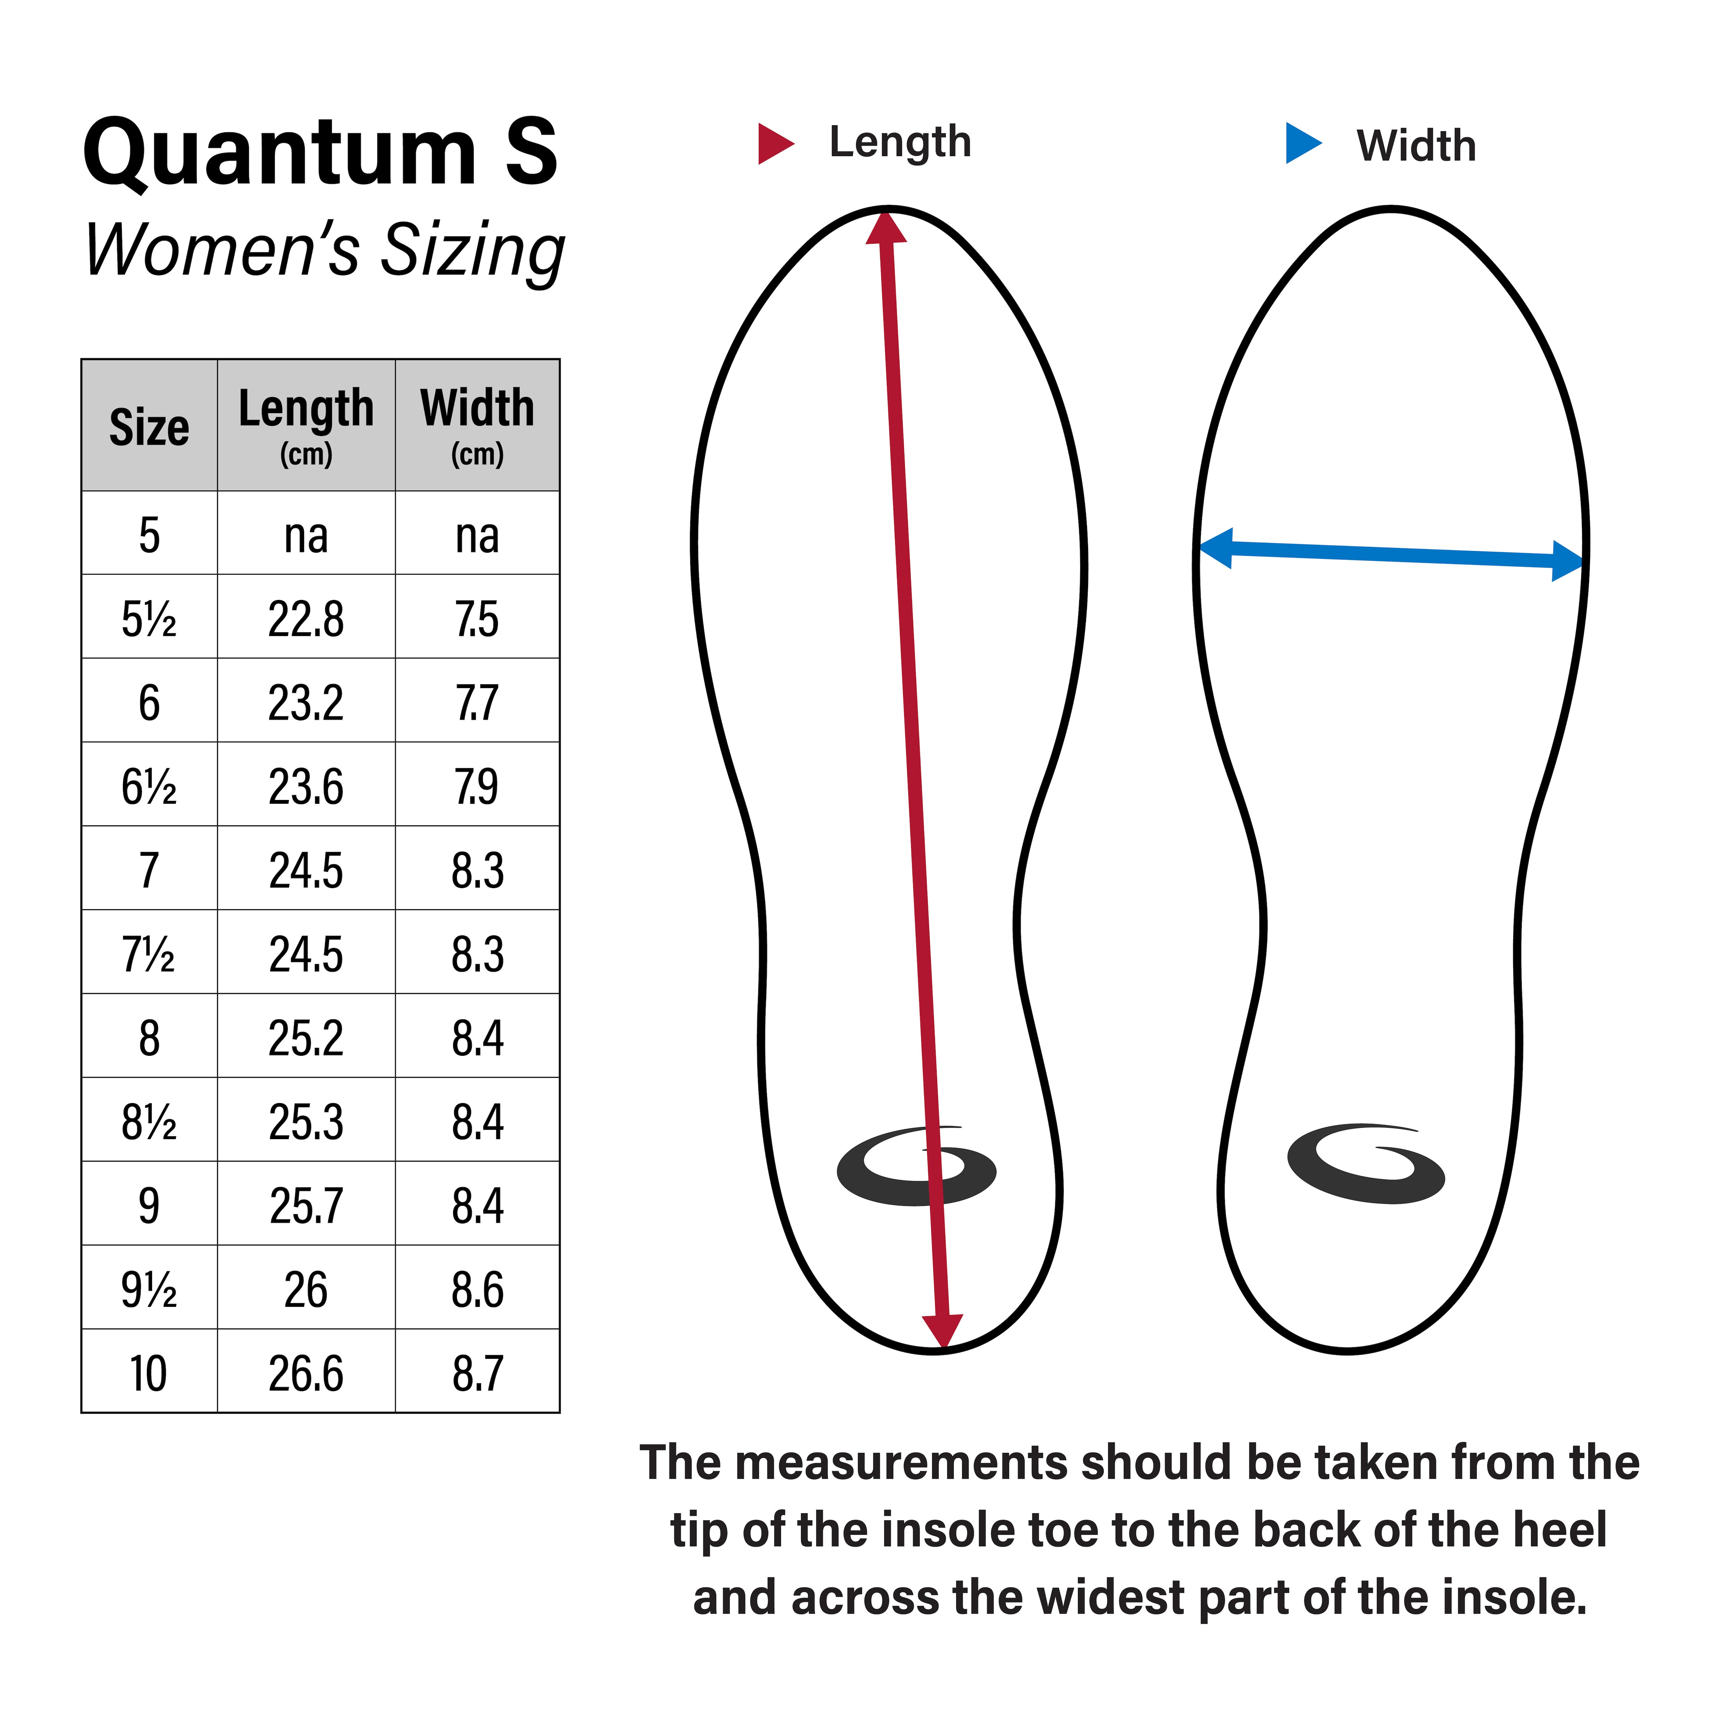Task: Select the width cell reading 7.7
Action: tap(477, 703)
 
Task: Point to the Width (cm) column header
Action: tap(477, 425)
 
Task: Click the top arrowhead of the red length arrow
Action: tap(886, 225)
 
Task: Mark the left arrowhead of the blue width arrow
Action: tap(1216, 548)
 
